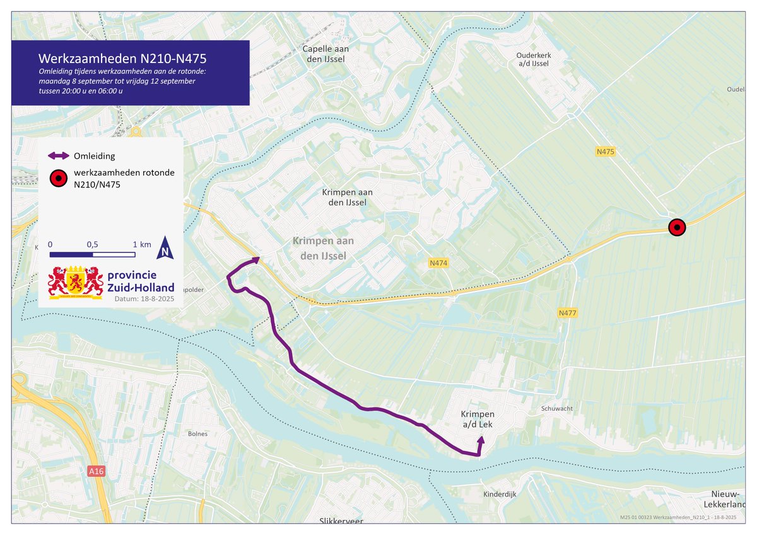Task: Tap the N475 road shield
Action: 605,151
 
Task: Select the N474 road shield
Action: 438,262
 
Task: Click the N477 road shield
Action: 568,313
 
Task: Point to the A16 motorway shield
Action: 96,471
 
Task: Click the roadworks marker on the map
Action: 676,228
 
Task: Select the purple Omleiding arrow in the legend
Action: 58,156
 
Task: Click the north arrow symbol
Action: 165,249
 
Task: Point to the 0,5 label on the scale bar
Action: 93,244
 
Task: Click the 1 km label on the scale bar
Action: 141,244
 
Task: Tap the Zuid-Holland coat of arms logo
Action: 76,282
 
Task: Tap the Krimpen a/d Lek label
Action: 478,419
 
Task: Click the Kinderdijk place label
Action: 500,494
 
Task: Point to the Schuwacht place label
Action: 556,408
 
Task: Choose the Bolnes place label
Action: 197,433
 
